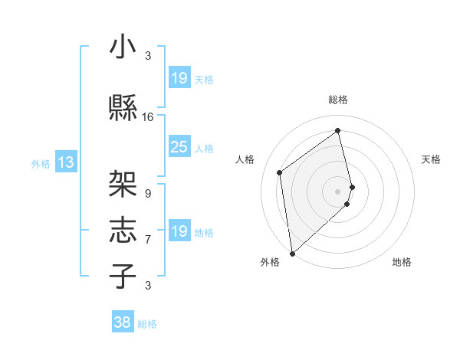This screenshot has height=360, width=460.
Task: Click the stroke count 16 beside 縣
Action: coord(148,117)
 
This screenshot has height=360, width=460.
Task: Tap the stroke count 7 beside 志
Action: coord(148,240)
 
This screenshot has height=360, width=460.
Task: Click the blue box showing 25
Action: coord(179,147)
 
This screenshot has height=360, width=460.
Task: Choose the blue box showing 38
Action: coord(123,322)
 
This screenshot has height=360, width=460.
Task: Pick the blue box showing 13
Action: coord(65,162)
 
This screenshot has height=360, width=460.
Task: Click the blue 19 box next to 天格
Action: coord(179,78)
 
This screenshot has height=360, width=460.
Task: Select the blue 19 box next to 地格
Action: coord(179,231)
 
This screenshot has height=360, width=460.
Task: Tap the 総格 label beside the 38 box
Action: coord(148,324)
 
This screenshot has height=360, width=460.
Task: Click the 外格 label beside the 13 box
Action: coord(40,163)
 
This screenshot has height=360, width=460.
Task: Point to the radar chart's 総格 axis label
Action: coord(338,100)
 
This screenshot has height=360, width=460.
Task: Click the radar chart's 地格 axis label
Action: coord(402,263)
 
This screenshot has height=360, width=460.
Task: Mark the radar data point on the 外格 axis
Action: coord(291,253)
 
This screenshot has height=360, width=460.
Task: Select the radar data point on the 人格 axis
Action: coord(280,172)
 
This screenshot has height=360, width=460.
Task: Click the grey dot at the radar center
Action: coord(338,191)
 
